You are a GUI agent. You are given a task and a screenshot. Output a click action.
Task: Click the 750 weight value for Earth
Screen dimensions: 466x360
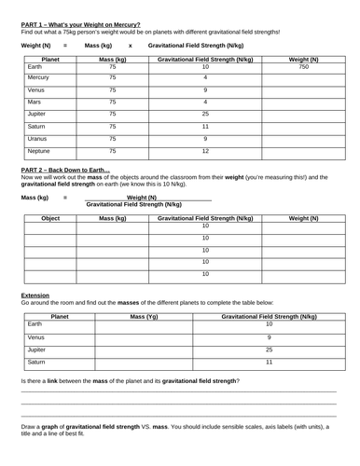[302, 68]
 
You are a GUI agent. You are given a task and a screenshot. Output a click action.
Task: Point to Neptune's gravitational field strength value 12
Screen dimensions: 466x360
[205, 149]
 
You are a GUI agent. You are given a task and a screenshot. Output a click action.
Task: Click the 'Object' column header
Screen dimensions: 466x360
[51, 217]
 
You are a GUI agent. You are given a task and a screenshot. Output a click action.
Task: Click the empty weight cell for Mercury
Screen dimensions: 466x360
[302, 79]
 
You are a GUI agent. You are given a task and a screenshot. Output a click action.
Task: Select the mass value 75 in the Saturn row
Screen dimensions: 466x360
[113, 125]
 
